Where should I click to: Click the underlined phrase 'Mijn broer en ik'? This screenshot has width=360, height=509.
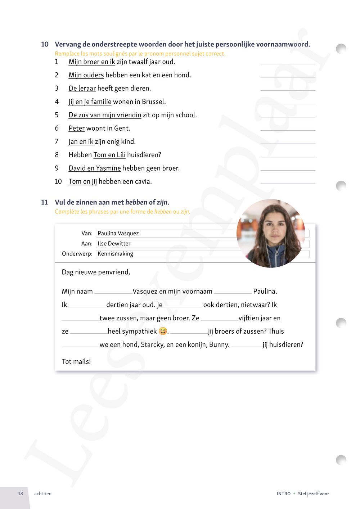tap(92, 62)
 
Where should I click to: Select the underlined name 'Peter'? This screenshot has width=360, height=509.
tap(77, 129)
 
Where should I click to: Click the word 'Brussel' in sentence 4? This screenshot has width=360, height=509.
tap(153, 102)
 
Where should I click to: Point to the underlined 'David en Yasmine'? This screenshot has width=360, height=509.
tap(95, 168)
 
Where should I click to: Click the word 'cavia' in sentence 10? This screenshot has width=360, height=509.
tap(143, 182)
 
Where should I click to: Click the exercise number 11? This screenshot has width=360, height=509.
tap(44, 202)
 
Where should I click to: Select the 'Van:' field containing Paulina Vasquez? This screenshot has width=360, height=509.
tap(166, 233)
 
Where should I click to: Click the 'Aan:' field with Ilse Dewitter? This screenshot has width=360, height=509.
tap(166, 244)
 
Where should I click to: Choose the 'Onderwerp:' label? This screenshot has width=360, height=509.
tap(77, 254)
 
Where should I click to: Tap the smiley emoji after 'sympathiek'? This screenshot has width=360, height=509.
tap(163, 332)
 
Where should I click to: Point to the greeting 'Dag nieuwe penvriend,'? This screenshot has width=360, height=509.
tap(96, 272)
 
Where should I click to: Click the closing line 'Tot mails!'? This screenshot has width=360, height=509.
tap(76, 362)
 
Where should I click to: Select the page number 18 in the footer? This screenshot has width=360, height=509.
tap(21, 494)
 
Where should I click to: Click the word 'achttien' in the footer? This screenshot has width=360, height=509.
tap(43, 494)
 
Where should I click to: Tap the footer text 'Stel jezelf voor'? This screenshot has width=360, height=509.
tap(313, 494)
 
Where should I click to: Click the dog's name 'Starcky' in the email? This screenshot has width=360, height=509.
tap(152, 345)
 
